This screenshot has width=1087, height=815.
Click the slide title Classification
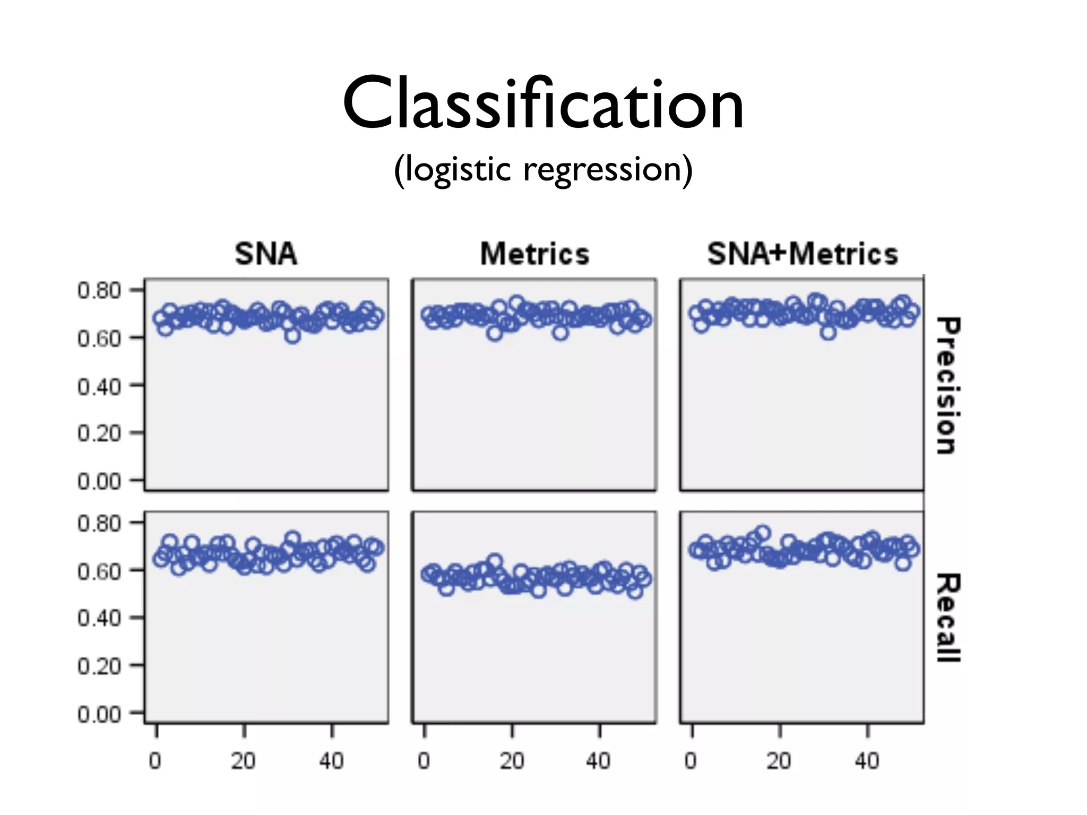543,103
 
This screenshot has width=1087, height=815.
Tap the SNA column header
266,254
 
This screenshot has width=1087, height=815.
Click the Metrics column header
534,254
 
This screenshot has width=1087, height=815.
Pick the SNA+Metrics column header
803,254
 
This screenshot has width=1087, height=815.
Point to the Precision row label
948,386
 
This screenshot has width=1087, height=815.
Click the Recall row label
948,618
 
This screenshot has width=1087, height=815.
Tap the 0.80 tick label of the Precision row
99,291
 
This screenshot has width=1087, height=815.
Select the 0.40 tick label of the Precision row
99,386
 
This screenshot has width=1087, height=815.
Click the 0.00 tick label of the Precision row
99,481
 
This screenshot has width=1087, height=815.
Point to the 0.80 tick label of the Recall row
99,524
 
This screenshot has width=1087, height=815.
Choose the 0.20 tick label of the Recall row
99,666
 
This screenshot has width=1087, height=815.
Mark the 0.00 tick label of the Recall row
99,714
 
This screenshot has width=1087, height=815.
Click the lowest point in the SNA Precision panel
292,335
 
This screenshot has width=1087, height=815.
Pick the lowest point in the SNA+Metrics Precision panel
828,333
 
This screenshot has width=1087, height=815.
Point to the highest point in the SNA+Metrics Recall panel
763,532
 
